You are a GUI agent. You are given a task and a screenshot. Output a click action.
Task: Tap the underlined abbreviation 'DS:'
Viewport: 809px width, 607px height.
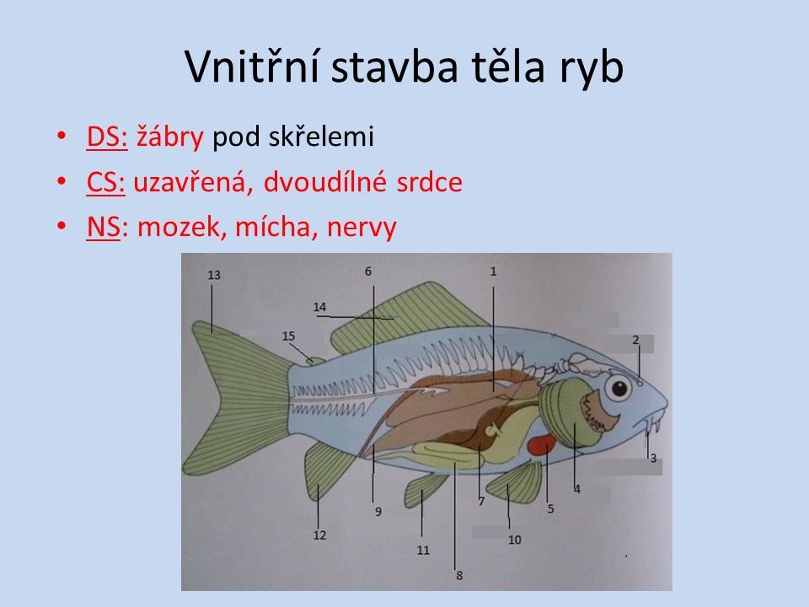pos(107,137)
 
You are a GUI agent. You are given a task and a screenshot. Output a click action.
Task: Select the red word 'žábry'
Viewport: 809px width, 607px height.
pos(169,137)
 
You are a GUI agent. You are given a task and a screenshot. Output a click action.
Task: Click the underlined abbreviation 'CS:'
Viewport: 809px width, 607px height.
pos(106,182)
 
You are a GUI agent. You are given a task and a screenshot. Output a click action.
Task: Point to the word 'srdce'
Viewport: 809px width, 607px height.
pos(429,182)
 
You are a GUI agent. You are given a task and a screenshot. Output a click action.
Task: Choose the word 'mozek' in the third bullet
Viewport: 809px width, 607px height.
pos(179,227)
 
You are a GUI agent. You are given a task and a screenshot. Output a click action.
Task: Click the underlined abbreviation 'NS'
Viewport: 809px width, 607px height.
pos(103,227)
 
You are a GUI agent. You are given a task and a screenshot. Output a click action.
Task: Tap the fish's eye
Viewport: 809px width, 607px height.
pos(618,388)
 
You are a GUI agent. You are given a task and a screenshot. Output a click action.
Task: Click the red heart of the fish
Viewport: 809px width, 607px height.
pos(542,444)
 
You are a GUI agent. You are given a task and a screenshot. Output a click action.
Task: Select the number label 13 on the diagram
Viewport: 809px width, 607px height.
pos(214,275)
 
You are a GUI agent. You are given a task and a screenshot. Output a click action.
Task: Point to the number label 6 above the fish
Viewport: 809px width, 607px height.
pos(368,271)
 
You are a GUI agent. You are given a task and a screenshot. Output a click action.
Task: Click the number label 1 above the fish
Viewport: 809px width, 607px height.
pos(493,271)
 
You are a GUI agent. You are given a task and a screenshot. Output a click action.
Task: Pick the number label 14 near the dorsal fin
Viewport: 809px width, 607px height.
pos(320,307)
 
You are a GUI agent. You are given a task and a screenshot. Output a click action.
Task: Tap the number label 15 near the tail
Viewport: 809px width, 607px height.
pos(288,336)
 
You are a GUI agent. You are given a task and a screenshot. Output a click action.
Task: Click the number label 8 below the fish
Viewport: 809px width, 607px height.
pos(459,576)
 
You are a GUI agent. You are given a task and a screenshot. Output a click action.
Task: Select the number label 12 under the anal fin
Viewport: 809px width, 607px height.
pos(319,535)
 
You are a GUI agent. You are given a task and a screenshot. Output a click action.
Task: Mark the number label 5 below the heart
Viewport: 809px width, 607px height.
pos(550,509)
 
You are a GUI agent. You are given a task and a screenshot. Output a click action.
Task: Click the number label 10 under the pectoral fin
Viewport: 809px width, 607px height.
pos(514,540)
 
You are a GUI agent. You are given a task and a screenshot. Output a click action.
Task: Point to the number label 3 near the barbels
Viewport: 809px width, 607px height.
pos(653,458)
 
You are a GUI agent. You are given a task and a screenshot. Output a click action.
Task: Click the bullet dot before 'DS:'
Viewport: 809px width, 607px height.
pos(62,136)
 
